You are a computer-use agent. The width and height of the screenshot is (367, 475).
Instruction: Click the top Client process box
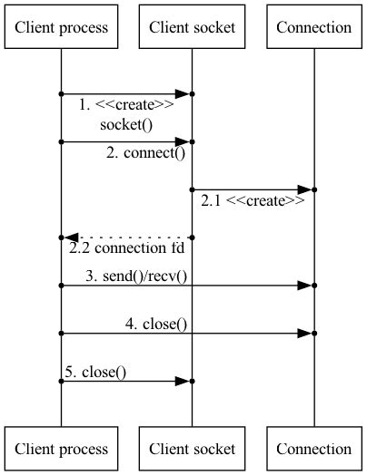62,27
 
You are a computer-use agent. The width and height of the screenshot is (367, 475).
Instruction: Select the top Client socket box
193,27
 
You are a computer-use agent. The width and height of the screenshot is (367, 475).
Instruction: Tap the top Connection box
314,27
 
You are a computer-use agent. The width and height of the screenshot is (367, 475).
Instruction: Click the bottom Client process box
62,449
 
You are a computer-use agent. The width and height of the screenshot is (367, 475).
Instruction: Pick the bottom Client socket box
193,449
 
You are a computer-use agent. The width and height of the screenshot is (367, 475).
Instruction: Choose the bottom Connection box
314,449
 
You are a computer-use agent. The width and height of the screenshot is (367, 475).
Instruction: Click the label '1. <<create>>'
126,105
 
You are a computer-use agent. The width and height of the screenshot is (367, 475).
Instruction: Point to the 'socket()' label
126,126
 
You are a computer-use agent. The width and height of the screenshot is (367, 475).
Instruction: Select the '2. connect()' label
145,153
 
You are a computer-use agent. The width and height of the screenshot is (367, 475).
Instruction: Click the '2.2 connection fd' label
127,247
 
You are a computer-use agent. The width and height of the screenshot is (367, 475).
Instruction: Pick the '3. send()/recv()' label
136,276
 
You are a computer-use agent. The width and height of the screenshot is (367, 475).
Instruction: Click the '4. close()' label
156,324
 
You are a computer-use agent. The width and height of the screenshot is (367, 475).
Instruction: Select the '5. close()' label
95,372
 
